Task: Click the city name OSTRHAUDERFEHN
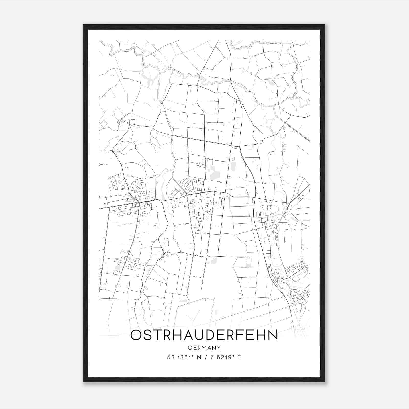click(204, 335)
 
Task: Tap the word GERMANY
click(204, 348)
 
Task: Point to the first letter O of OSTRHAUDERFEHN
click(137, 335)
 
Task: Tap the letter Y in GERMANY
click(219, 348)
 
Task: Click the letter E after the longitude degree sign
click(240, 357)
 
